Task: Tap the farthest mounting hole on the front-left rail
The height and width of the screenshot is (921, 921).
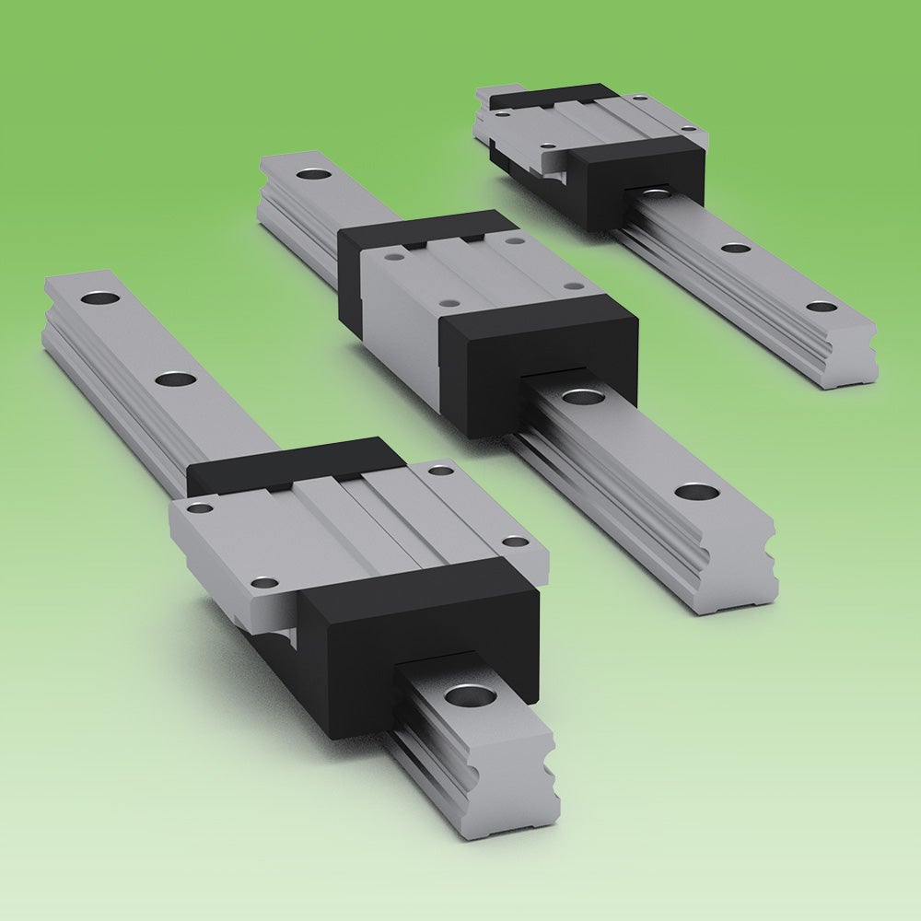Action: [97, 297]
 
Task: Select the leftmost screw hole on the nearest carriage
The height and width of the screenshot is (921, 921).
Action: [195, 507]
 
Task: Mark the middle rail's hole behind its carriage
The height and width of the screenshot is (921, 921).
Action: [312, 173]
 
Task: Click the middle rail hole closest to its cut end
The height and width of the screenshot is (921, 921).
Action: [696, 491]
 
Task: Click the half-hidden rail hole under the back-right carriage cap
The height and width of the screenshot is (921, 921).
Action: [657, 191]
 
